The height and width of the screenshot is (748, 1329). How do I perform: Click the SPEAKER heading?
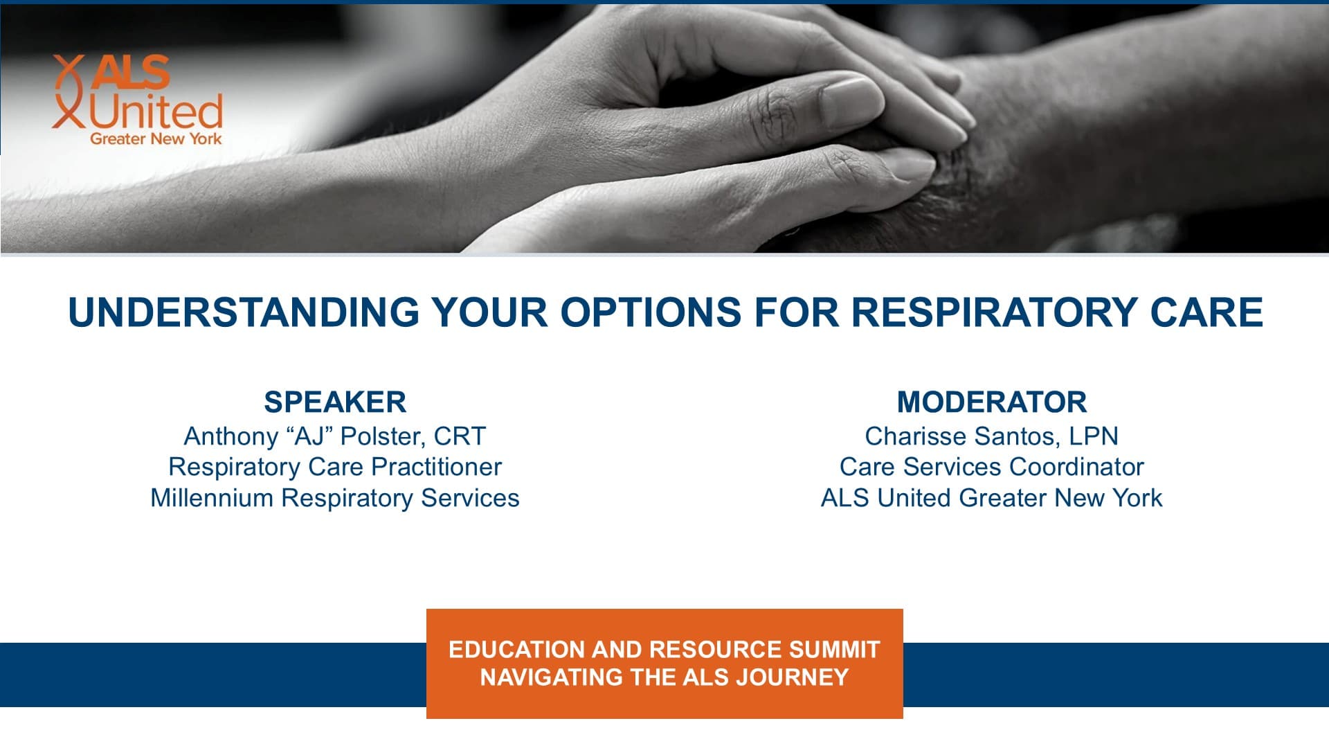click(x=335, y=402)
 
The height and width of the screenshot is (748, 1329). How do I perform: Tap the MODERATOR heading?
click(x=992, y=402)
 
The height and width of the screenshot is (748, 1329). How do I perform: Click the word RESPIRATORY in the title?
click(x=994, y=312)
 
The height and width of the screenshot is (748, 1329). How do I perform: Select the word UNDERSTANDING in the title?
click(x=244, y=312)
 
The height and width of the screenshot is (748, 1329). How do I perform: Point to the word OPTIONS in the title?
click(x=651, y=312)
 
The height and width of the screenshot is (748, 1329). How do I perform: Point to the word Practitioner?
click(x=436, y=467)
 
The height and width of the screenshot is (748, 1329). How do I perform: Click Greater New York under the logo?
click(x=156, y=139)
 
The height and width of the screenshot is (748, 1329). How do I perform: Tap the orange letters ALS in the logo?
click(x=131, y=72)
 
